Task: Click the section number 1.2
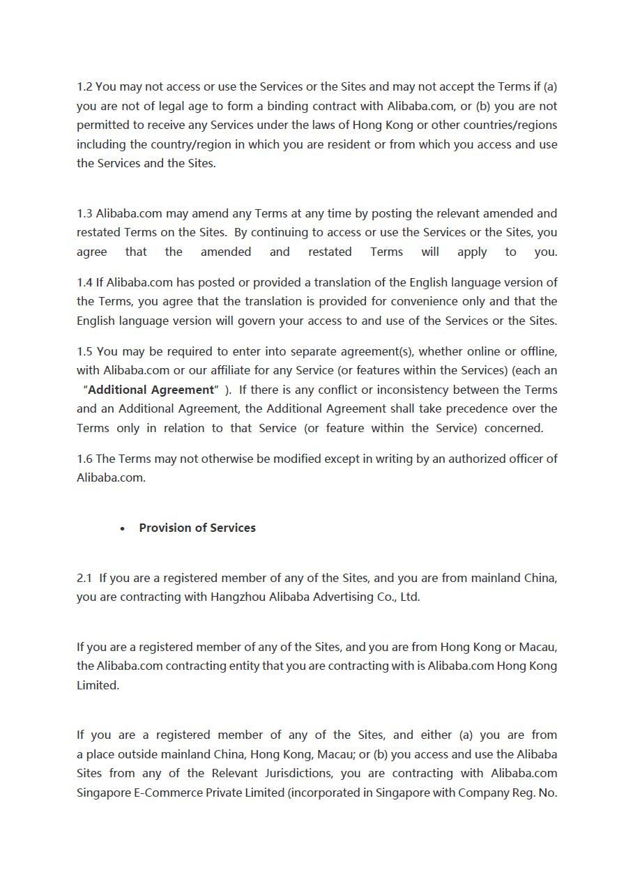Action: pos(84,87)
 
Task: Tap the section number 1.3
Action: pos(84,213)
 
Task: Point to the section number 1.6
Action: pos(84,459)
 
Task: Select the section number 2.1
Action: pos(84,578)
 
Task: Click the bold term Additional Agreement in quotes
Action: pos(151,390)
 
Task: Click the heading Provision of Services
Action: pos(197,528)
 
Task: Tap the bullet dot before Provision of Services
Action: pos(123,528)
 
